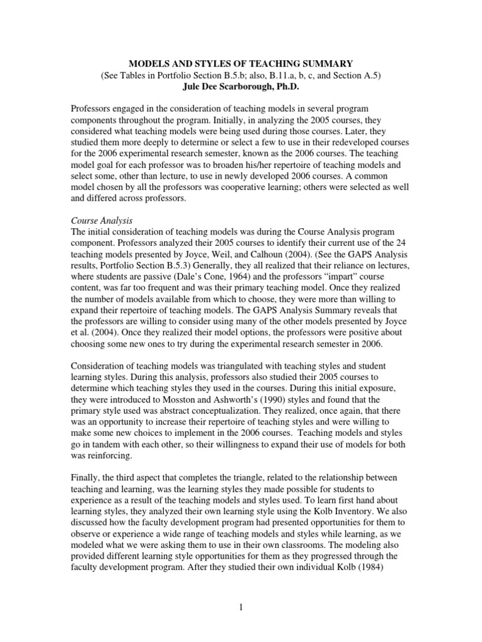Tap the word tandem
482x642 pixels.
point(113,445)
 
